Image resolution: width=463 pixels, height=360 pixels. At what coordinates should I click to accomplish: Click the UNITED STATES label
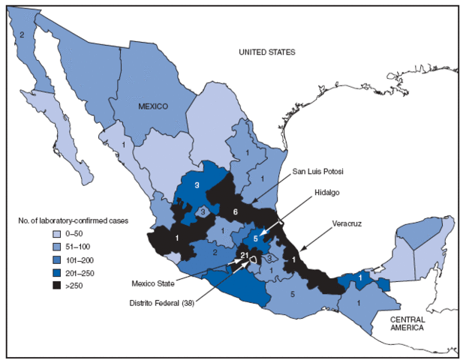266,52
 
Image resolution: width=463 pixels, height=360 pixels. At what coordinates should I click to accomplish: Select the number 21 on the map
243,257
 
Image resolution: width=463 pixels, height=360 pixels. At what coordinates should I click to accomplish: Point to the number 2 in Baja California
23,34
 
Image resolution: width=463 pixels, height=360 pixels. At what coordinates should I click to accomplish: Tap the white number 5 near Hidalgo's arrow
256,240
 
